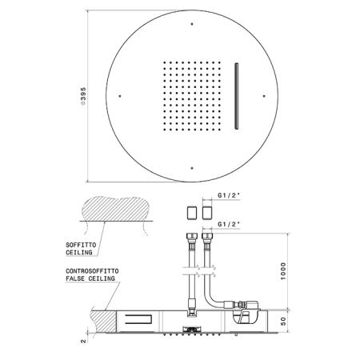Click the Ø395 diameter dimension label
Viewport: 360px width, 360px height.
[83, 96]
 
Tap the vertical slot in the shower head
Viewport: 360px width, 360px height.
[236, 96]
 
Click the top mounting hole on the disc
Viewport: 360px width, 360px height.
[192, 24]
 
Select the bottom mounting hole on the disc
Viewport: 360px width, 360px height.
[192, 168]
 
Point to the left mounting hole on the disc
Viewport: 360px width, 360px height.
[120, 96]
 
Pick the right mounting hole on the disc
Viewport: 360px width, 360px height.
[264, 96]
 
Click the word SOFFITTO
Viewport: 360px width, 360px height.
[81, 245]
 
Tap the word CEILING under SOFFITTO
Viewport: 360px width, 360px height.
[79, 252]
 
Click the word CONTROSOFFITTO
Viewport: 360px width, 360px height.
[92, 271]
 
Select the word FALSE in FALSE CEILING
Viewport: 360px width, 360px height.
[75, 278]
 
